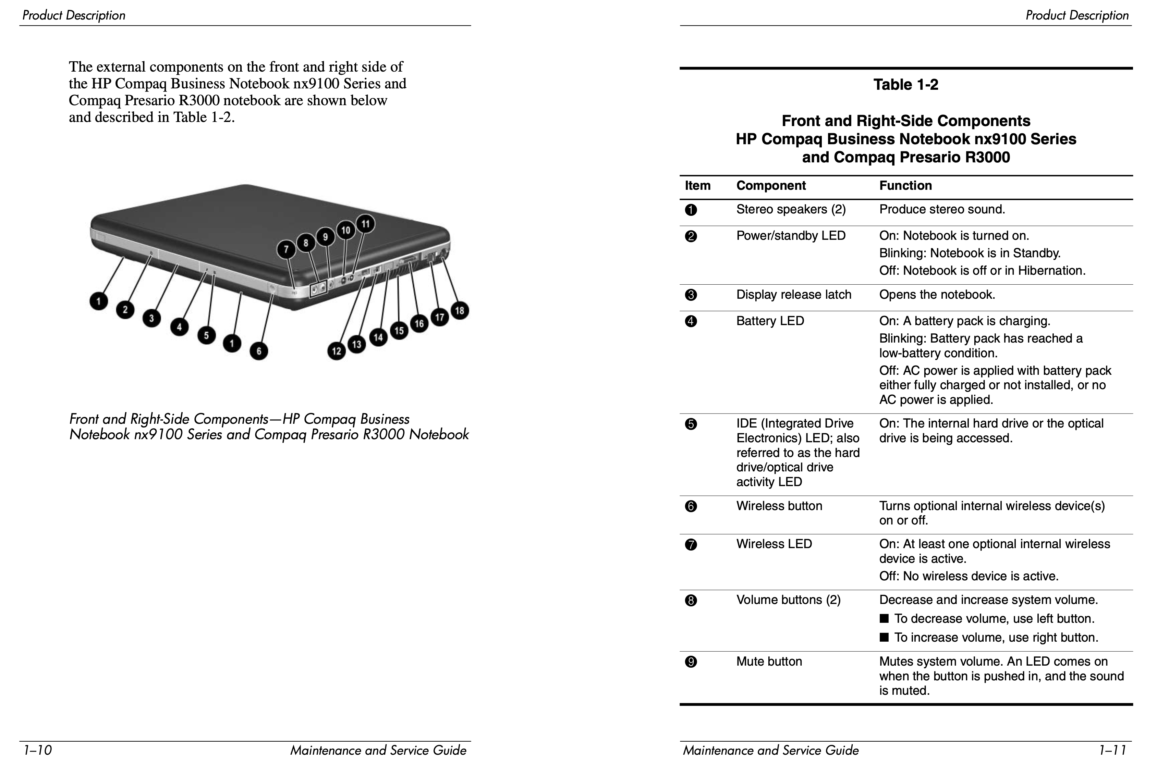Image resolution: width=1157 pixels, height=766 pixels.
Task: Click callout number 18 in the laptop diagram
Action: coord(459,311)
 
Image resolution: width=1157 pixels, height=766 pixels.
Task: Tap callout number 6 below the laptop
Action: coord(259,351)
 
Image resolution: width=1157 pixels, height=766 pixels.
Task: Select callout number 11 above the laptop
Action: coord(365,224)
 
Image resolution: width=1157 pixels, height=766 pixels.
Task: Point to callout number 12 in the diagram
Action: coord(336,351)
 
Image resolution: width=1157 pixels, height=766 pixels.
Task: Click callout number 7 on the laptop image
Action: coord(286,250)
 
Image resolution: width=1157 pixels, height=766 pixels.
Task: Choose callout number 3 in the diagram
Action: coord(151,319)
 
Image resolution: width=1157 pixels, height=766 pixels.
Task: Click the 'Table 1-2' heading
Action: coord(905,85)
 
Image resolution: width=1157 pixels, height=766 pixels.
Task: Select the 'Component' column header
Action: coord(770,186)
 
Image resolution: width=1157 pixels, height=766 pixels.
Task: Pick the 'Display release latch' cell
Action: coord(793,295)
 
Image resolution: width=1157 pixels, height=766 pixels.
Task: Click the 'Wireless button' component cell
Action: coord(779,506)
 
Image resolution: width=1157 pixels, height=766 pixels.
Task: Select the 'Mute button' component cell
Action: coord(769,662)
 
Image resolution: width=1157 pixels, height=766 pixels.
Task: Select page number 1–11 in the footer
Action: coord(1112,750)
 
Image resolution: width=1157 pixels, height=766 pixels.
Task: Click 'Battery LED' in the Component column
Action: coord(770,321)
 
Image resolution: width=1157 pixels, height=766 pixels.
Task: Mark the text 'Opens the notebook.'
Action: coord(937,295)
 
